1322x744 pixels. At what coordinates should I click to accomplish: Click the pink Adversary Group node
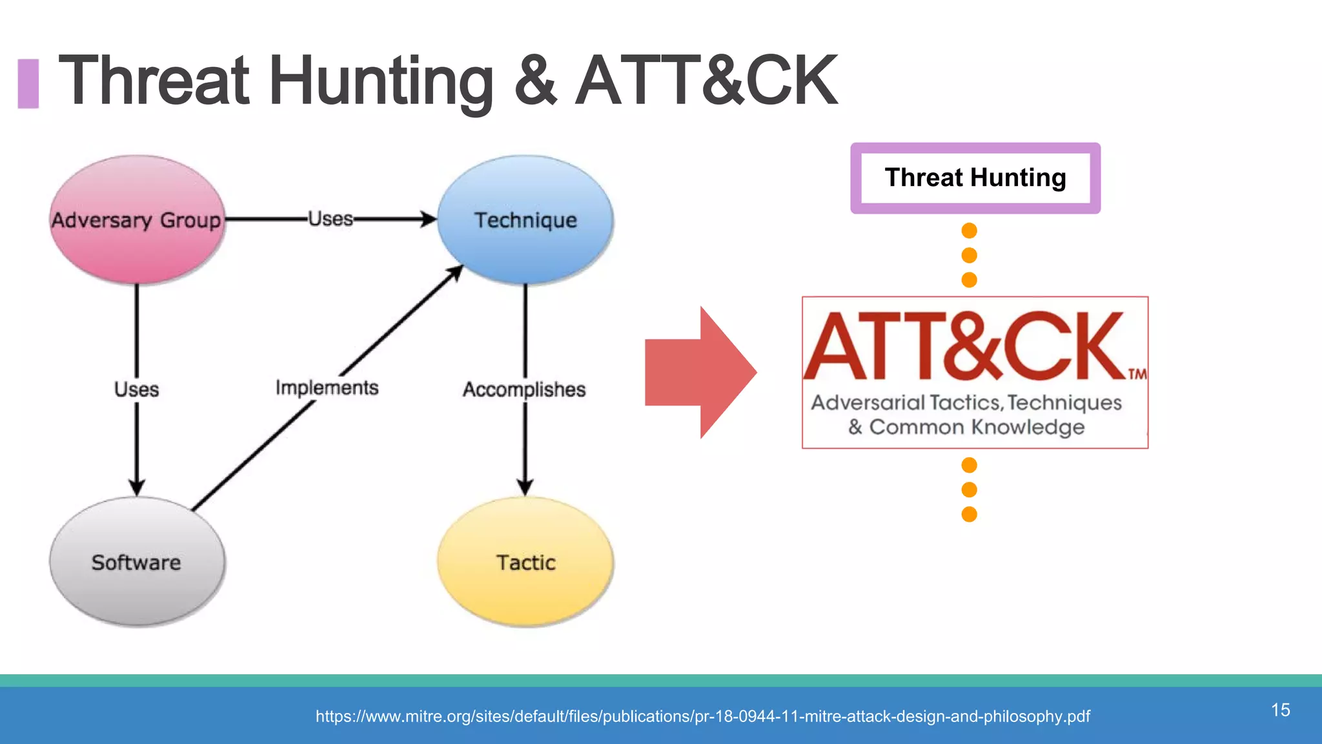(x=137, y=220)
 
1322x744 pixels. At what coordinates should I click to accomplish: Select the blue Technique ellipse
(x=525, y=220)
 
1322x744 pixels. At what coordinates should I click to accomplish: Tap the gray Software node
(x=137, y=562)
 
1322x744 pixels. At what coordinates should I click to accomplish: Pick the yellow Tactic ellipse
(x=525, y=562)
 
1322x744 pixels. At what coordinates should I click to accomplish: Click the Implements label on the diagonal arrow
(x=327, y=387)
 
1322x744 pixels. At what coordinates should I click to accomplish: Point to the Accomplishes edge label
(x=524, y=389)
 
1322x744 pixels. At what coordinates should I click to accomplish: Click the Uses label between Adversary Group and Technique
(x=330, y=219)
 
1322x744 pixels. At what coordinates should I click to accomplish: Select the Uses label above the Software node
(x=136, y=389)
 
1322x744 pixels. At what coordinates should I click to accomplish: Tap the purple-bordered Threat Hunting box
(x=975, y=178)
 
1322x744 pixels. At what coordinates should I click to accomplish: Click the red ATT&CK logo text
(x=964, y=347)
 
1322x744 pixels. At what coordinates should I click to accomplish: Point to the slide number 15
(x=1280, y=710)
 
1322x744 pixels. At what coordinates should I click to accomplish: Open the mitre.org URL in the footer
(x=702, y=716)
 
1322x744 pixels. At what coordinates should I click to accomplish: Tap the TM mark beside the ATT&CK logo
(x=1137, y=374)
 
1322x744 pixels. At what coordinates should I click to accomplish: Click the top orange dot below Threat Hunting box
(x=969, y=231)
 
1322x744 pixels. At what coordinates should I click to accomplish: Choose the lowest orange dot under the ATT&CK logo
(x=969, y=514)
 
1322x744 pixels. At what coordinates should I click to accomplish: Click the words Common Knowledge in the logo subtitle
(x=977, y=427)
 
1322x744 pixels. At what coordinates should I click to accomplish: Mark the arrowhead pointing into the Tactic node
(x=525, y=487)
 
